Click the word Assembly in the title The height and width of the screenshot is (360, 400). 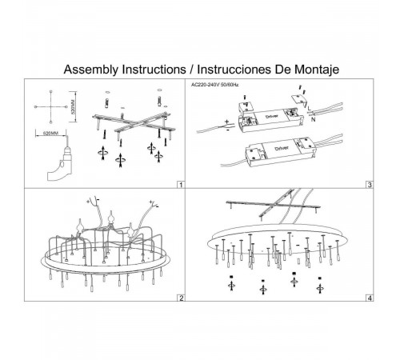coord(90,70)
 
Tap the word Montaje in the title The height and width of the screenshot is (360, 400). coord(317,70)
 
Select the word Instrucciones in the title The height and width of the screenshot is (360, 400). coord(234,70)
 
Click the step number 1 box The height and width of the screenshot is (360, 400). coord(181,185)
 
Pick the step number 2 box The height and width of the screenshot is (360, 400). coord(181,298)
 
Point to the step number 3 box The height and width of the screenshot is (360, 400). coord(370,185)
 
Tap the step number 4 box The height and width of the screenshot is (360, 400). coord(370,298)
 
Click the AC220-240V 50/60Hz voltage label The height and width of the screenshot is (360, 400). coord(215,85)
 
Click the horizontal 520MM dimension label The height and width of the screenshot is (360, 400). coord(50,133)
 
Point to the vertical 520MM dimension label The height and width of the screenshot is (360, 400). coord(74,106)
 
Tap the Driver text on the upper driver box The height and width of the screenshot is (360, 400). coord(272,117)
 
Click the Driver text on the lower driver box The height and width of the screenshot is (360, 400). coord(282,148)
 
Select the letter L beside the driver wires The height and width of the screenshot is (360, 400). coord(309,109)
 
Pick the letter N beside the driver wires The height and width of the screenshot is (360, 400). coord(313,119)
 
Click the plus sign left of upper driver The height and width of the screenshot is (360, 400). coord(226,122)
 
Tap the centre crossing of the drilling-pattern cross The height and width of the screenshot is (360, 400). coord(50,106)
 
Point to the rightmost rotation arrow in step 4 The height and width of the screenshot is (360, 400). coord(320,289)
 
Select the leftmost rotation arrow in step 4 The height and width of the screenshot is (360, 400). coord(231,286)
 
